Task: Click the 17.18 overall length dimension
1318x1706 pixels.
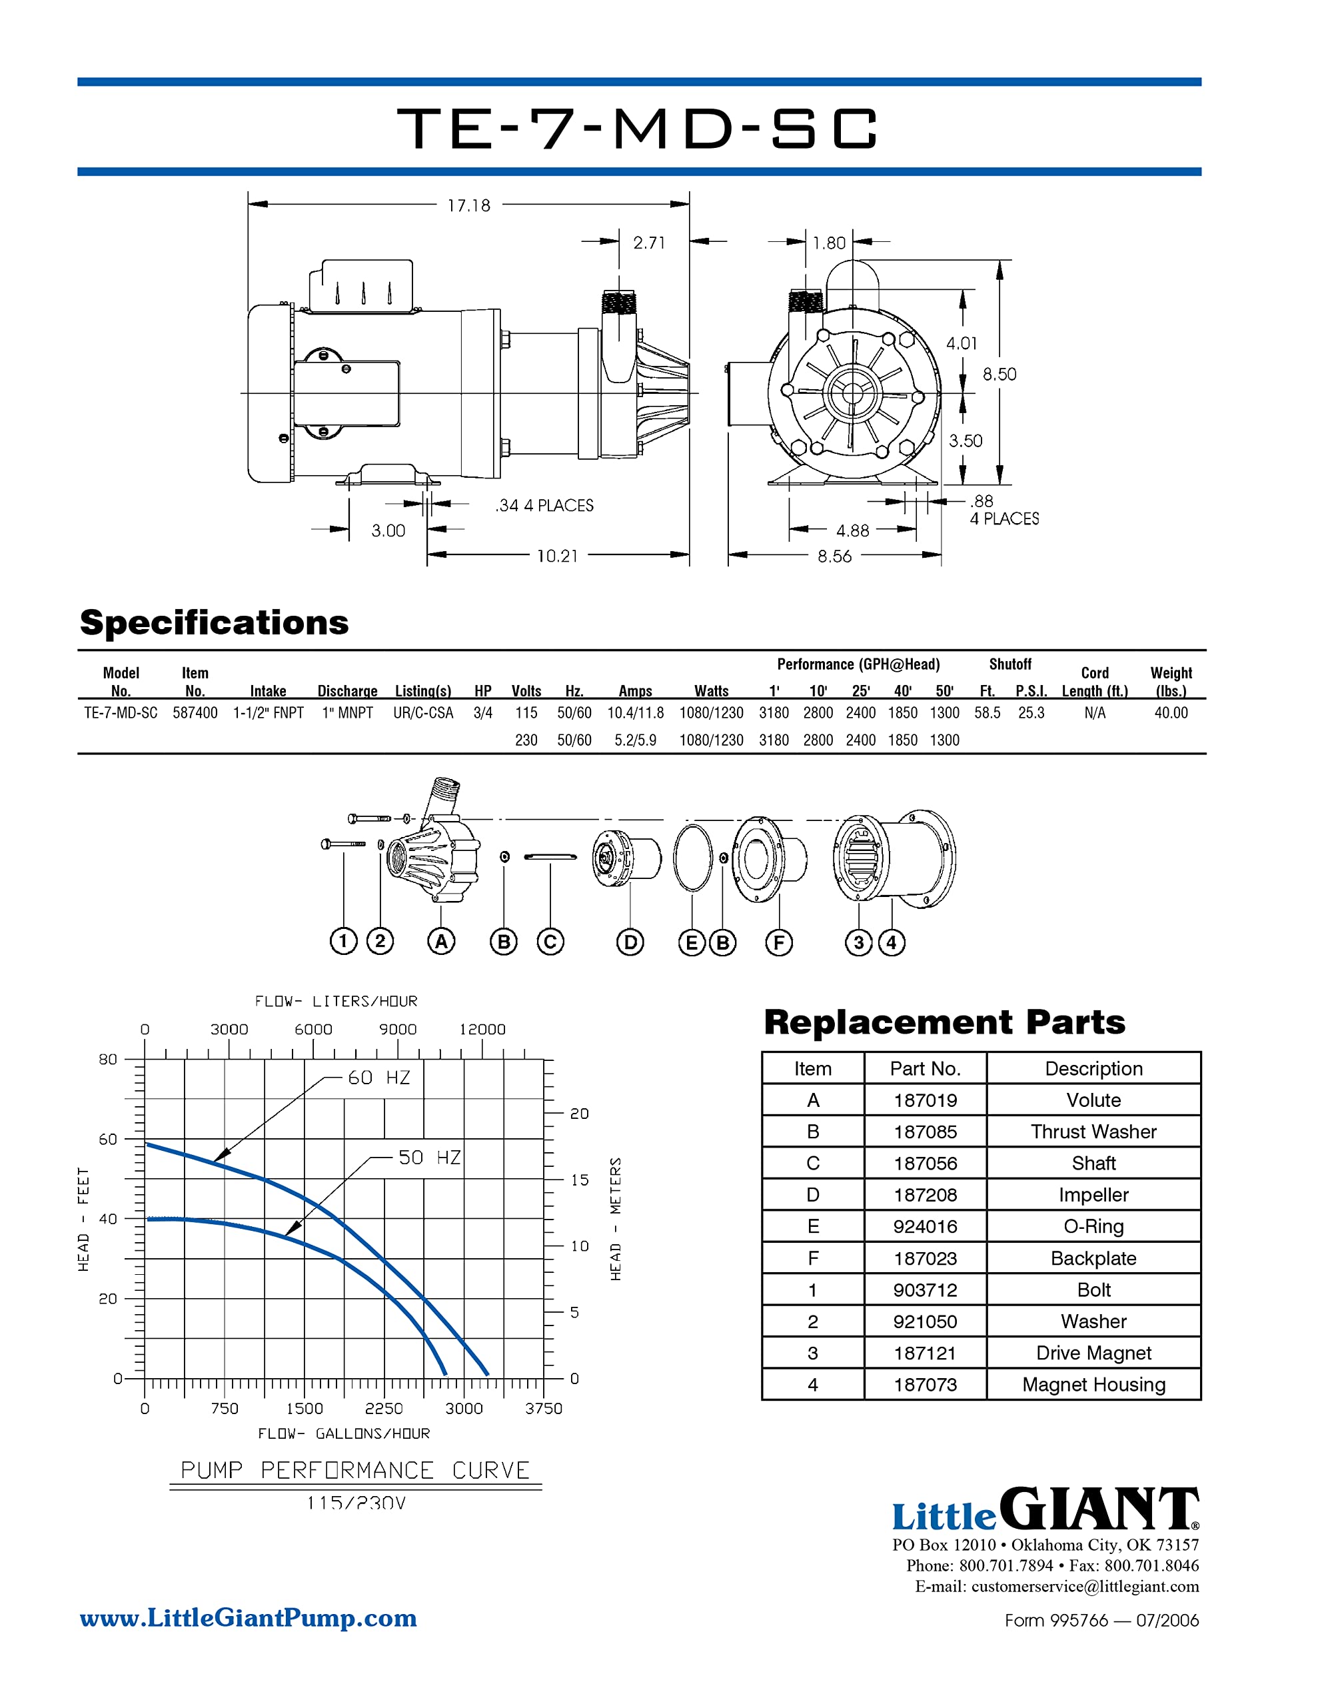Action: (468, 205)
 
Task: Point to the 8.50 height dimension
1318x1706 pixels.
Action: (999, 374)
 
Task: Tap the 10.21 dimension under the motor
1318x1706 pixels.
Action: (557, 556)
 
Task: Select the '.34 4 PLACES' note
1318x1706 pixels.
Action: (544, 505)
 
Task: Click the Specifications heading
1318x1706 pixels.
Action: (214, 622)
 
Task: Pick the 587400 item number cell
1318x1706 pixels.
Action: (195, 712)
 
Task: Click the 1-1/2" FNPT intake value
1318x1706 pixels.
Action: (268, 712)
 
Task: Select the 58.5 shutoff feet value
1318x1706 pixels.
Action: (987, 712)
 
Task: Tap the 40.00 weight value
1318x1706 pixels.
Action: (1170, 712)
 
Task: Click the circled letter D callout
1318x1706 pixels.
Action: (630, 942)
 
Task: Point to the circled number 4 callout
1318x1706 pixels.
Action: (892, 942)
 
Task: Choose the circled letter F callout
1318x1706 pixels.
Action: (778, 942)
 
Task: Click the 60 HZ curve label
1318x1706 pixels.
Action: (379, 1078)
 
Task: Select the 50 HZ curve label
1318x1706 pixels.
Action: (429, 1158)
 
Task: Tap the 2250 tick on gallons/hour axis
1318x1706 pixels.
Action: (384, 1408)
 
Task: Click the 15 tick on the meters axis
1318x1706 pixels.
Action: (579, 1180)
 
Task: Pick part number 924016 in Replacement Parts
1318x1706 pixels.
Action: (925, 1226)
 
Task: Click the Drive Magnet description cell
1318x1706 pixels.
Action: (1093, 1353)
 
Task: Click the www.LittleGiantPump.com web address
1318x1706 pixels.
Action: (249, 1618)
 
